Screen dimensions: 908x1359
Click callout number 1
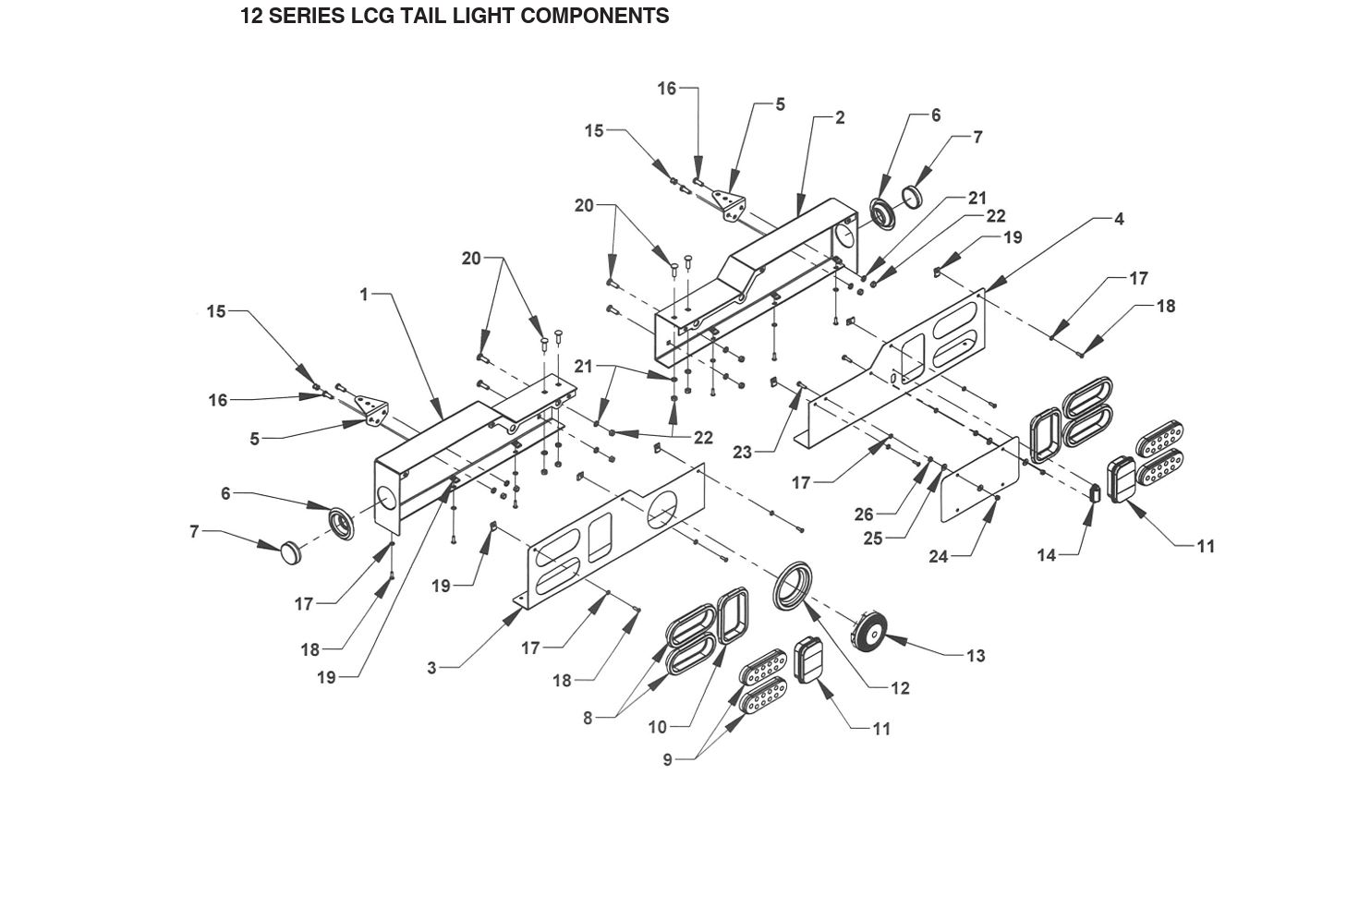coord(364,295)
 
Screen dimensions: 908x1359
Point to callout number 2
coord(839,117)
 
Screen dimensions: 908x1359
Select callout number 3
coord(431,668)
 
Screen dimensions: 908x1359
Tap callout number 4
coord(1119,219)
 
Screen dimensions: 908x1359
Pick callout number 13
coord(976,656)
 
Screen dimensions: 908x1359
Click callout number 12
coord(900,688)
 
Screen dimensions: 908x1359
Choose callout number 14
coord(1046,555)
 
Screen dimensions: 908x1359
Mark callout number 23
coord(743,453)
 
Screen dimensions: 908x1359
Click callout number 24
coord(939,556)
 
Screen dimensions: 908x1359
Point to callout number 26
coord(864,515)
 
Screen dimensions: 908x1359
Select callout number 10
coord(657,727)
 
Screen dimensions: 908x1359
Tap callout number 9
coord(667,759)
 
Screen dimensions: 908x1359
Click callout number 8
coord(588,718)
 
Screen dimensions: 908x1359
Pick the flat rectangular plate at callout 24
coord(979,490)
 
